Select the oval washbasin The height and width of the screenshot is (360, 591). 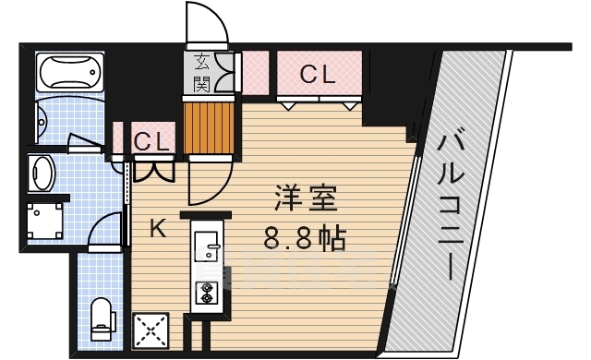click(42, 172)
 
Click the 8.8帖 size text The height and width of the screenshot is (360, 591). click(305, 238)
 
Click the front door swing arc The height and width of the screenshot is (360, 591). click(205, 22)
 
